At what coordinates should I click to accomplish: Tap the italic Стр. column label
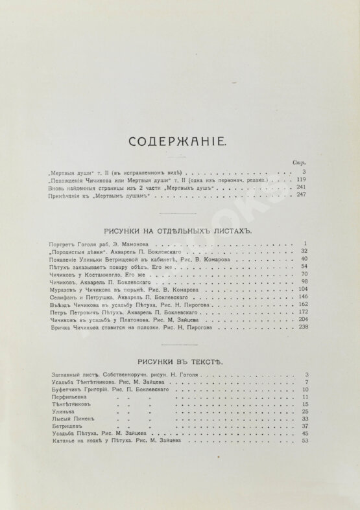[x=300, y=162]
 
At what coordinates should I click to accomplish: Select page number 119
[x=300, y=180]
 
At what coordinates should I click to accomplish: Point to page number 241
[x=300, y=187]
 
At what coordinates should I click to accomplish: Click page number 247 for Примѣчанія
[x=300, y=195]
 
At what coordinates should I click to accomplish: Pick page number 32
[x=302, y=251]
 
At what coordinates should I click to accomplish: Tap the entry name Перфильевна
[x=67, y=397]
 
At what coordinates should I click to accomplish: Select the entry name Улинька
[x=62, y=411]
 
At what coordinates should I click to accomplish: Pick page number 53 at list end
[x=303, y=441]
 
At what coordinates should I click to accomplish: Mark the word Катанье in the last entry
[x=61, y=441]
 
